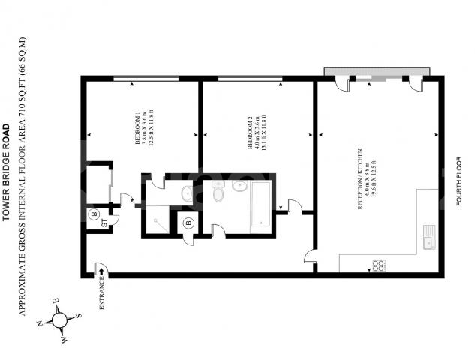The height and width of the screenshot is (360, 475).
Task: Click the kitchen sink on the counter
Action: (x=429, y=237)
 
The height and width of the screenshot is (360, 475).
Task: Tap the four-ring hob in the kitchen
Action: (x=378, y=264)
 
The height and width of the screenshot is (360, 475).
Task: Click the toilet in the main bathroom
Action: (x=218, y=195)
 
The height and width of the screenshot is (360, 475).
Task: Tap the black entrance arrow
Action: (x=100, y=271)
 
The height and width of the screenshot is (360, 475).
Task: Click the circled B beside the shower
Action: (x=188, y=222)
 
